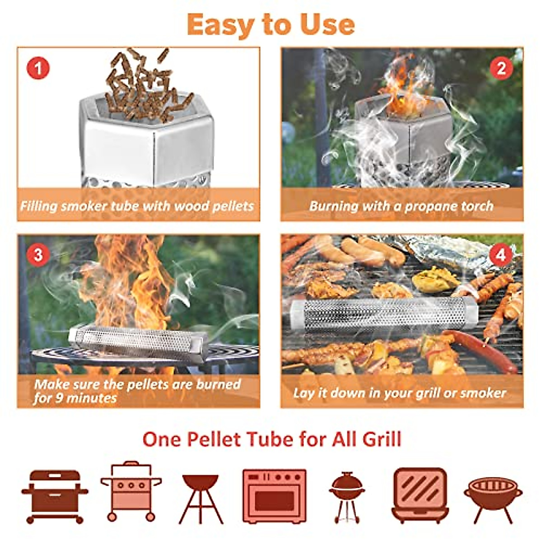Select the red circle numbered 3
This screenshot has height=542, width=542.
(x=38, y=255)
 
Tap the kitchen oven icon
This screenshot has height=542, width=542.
(x=274, y=496)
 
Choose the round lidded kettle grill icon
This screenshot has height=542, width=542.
(x=347, y=496)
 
